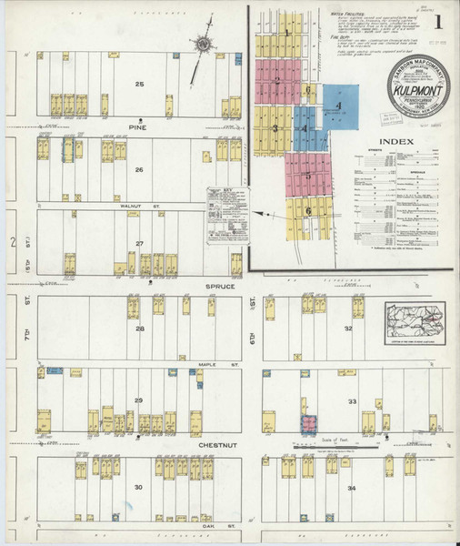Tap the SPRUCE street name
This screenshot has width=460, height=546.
coord(219,287)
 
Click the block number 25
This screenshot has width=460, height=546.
coord(139,85)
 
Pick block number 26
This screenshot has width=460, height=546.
coord(139,170)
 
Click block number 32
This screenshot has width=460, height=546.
coord(347,328)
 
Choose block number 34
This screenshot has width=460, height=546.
coord(351,488)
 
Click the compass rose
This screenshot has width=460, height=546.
coord(202,43)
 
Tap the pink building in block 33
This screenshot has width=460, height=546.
coord(310,423)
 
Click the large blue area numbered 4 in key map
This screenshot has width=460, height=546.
coord(337,107)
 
